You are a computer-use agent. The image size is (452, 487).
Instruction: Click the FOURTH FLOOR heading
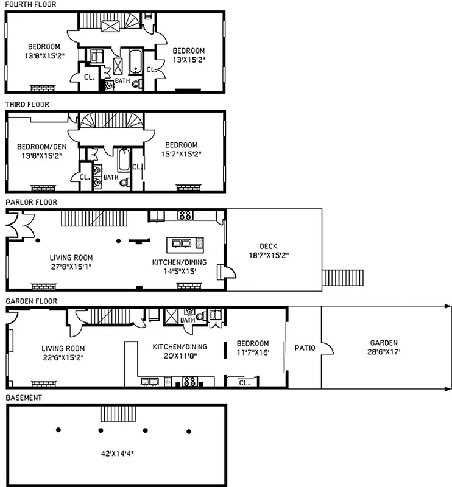coord(30,4)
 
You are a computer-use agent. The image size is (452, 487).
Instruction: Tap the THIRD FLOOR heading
coord(27,104)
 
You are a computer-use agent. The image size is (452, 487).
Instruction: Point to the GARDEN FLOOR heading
coord(31,301)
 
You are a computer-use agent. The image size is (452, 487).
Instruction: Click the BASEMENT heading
coord(24,398)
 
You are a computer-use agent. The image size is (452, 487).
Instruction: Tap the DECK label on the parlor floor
coord(268,247)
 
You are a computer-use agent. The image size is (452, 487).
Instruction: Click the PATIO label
coord(305,348)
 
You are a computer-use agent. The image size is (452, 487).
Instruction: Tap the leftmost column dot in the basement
coord(58,429)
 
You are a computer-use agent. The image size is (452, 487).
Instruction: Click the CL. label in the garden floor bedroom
coord(244,383)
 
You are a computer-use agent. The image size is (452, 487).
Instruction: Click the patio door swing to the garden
coord(327,348)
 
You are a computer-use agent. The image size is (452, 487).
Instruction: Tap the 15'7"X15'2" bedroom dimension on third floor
coord(182,154)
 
